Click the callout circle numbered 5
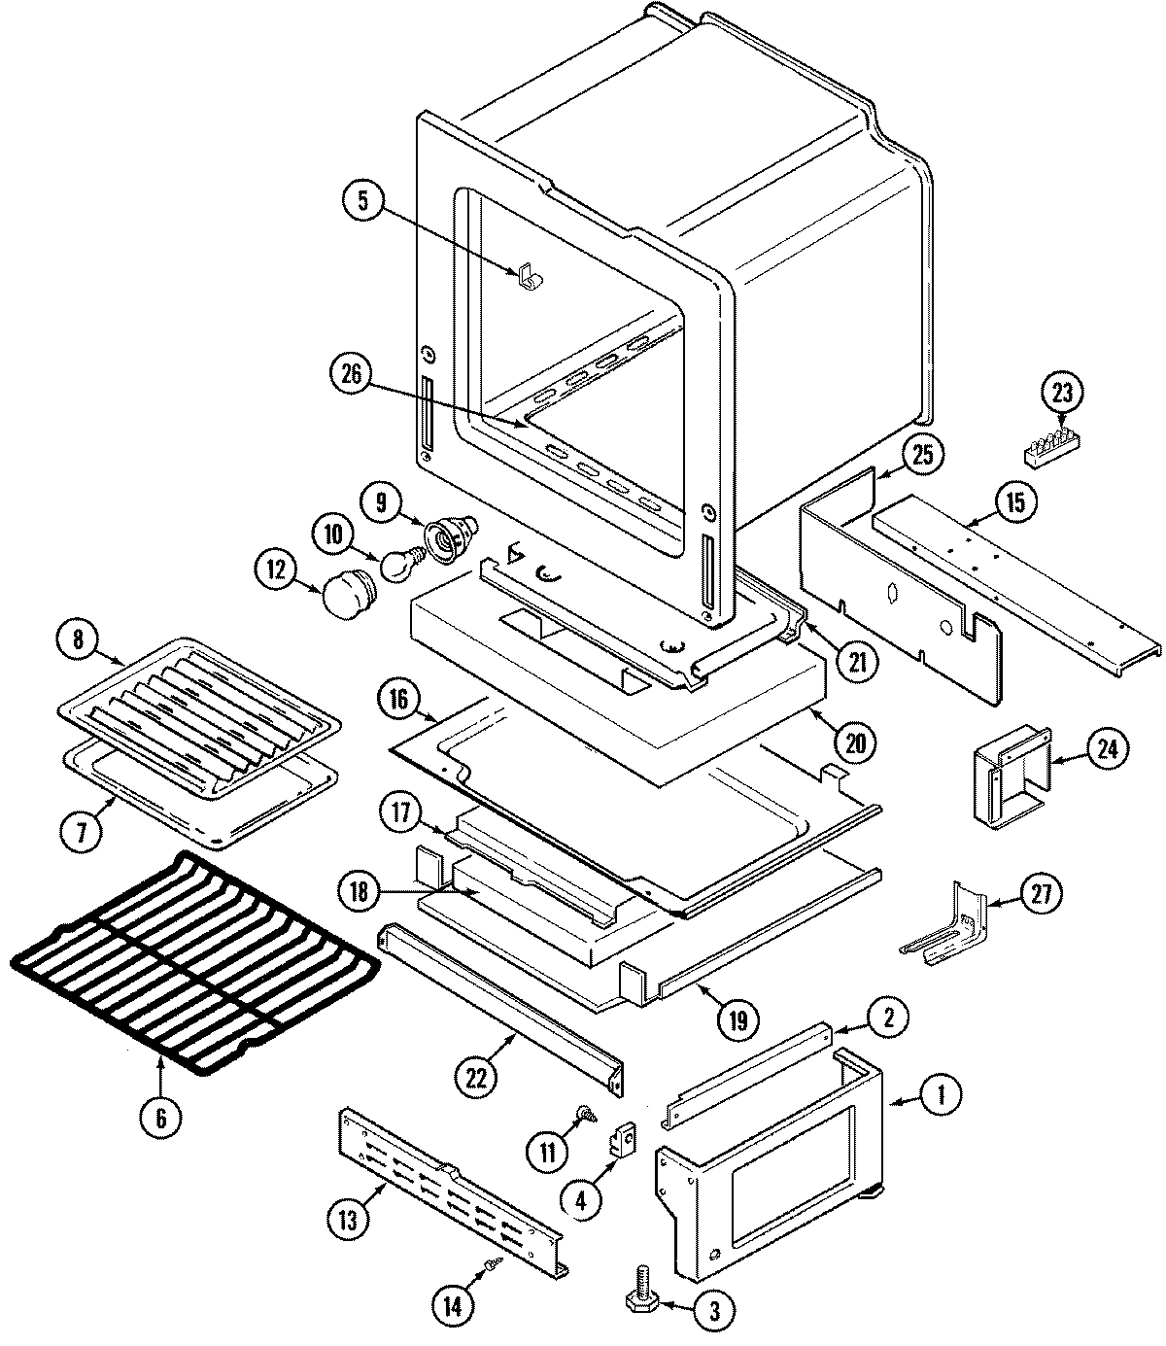[x=362, y=201]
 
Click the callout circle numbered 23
[x=1062, y=393]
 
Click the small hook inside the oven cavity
[x=531, y=278]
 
